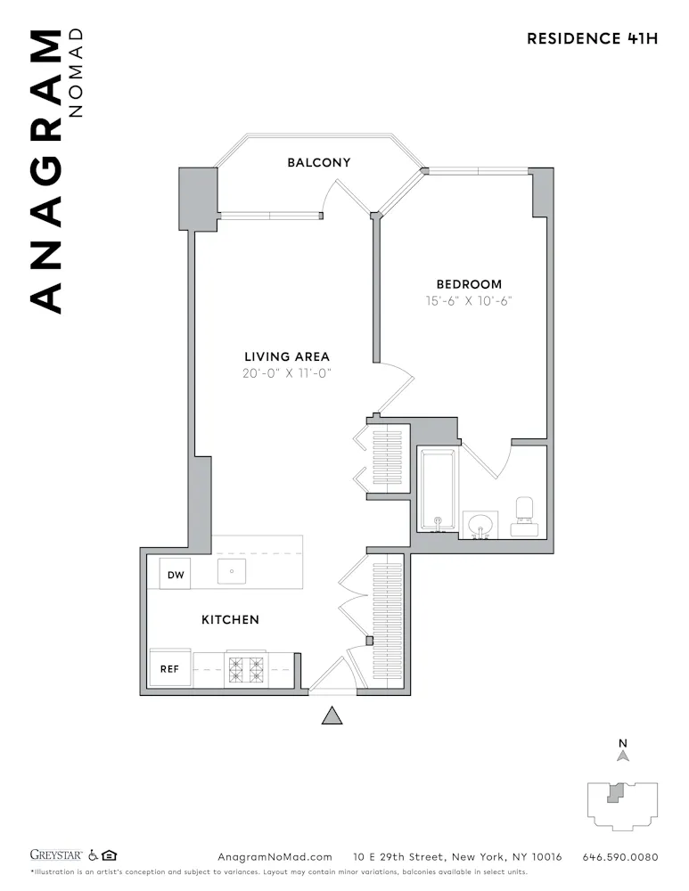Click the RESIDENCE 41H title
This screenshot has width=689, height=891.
[592, 38]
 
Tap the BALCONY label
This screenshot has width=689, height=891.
[318, 163]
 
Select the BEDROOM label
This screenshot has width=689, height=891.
[469, 284]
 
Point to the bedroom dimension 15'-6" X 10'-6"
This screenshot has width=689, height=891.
[469, 301]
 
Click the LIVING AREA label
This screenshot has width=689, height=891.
[287, 357]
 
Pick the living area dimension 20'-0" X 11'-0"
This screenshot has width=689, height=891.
[287, 374]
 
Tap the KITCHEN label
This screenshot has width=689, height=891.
[230, 619]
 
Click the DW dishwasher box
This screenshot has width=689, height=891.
[176, 576]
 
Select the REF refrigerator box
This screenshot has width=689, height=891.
[170, 668]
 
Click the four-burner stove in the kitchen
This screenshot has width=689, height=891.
[244, 668]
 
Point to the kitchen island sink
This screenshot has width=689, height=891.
[232, 569]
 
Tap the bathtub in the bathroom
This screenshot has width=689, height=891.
[438, 491]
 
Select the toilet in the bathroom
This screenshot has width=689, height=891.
[524, 517]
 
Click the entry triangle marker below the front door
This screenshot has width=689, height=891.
[332, 715]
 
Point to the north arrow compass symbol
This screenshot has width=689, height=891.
[623, 755]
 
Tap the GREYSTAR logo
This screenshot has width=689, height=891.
[57, 856]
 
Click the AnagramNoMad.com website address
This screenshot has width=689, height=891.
[275, 857]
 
